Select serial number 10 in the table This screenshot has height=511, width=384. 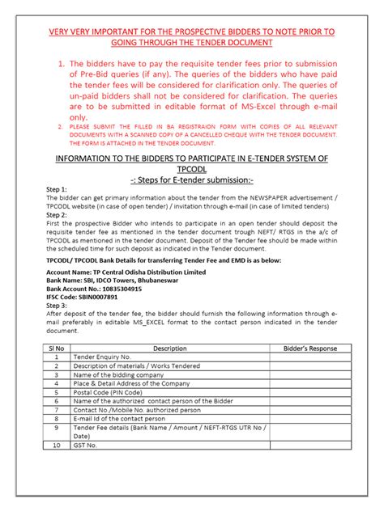56,446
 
